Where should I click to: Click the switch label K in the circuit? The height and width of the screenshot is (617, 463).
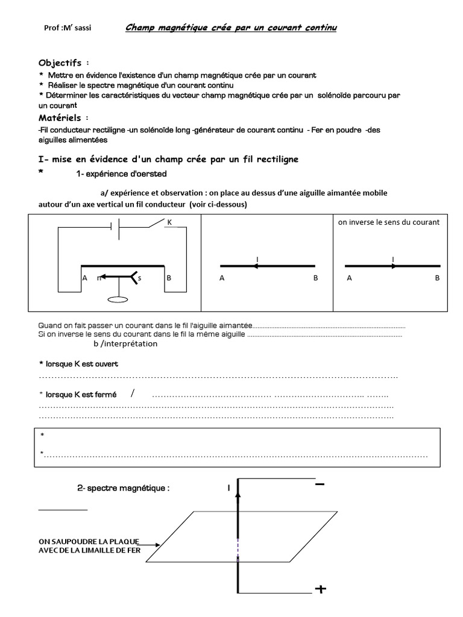click(170, 222)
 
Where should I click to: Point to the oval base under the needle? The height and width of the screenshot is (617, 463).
click(117, 299)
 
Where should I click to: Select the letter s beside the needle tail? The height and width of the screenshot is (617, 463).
click(139, 278)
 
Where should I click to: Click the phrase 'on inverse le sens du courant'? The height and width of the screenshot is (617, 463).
click(389, 222)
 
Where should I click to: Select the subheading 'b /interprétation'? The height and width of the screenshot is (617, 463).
click(125, 344)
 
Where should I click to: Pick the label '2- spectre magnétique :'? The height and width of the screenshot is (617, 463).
click(124, 488)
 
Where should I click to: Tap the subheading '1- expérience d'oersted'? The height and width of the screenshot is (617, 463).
click(121, 174)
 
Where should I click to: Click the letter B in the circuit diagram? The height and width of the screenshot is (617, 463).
click(169, 278)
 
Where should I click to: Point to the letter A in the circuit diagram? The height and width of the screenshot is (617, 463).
click(85, 278)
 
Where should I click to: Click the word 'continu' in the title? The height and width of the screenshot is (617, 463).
click(317, 28)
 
